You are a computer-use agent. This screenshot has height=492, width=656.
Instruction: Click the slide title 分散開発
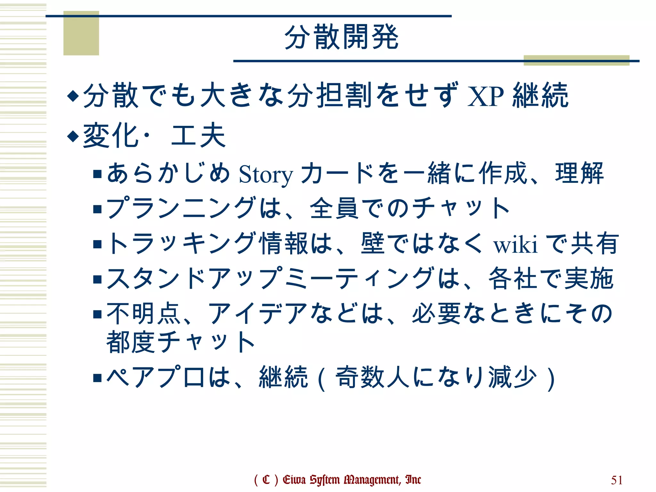(341, 37)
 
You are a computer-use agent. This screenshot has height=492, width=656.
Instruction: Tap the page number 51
(617, 480)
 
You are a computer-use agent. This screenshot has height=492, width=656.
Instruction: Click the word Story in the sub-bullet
(266, 175)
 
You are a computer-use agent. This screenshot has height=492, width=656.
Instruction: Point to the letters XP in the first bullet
(486, 96)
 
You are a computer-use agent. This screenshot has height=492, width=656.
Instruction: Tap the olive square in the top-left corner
(81, 33)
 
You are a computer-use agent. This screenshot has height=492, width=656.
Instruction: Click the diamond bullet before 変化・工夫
(73, 136)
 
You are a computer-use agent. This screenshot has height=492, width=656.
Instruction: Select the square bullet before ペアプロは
(97, 378)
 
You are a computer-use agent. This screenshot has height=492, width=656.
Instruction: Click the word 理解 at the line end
(579, 174)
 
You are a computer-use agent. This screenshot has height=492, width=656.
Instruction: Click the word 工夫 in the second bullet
(199, 136)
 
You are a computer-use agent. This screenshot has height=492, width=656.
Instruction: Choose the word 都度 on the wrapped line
(131, 342)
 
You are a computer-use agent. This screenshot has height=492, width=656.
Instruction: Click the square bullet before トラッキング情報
(97, 244)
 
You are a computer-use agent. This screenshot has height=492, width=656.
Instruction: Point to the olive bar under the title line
(577, 61)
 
